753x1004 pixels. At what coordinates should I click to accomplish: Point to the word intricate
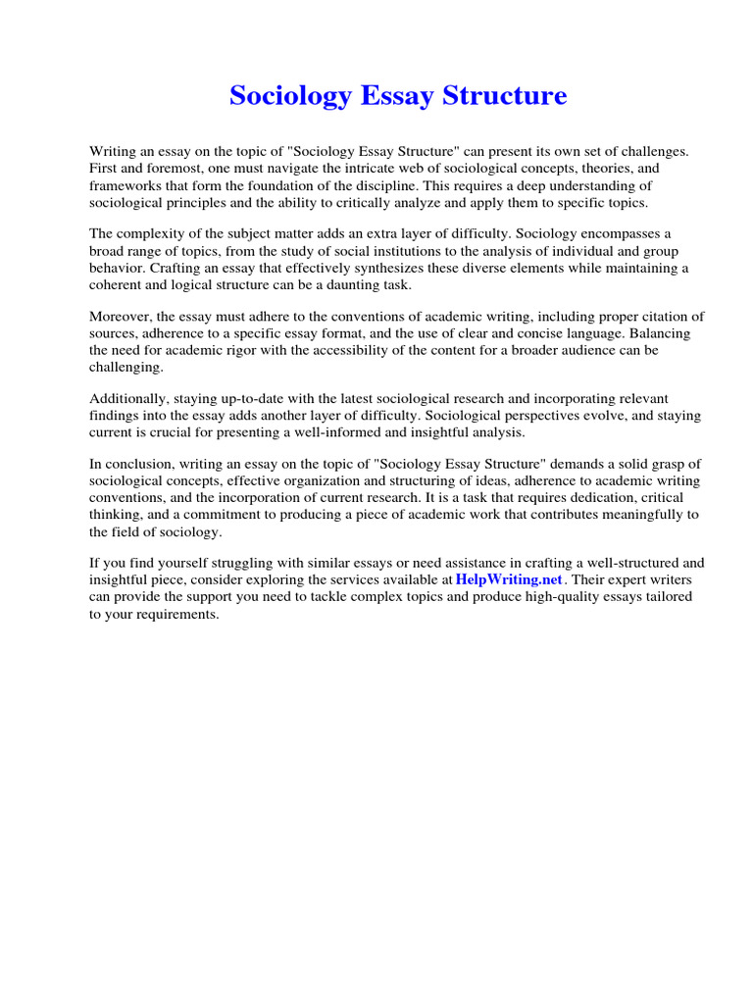(x=369, y=169)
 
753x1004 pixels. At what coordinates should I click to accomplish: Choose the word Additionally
(x=128, y=398)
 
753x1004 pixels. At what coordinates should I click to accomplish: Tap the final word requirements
(x=176, y=614)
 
